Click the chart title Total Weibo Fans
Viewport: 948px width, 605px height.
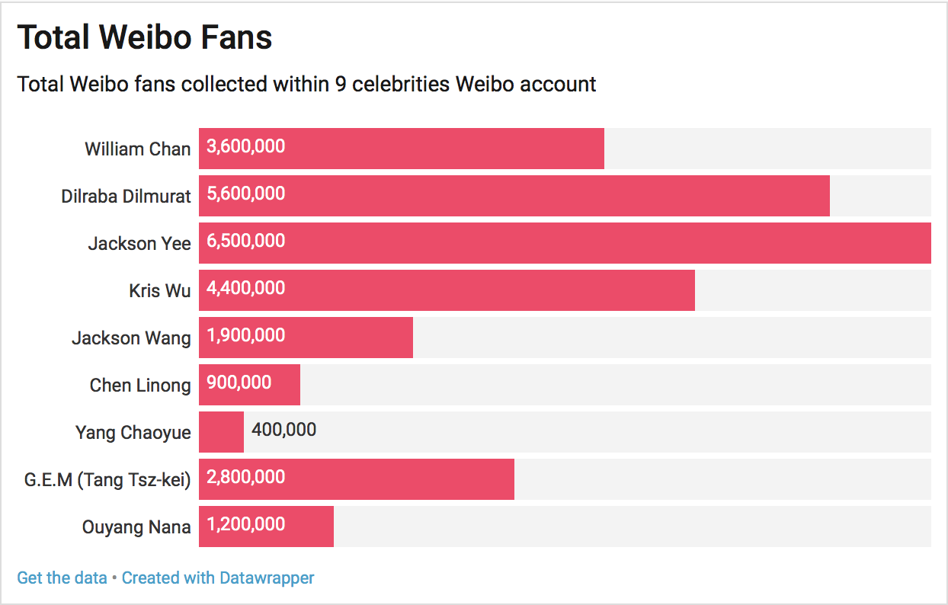tap(145, 37)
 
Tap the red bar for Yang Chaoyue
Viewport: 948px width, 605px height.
tap(221, 432)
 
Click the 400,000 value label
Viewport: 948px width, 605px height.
tap(283, 430)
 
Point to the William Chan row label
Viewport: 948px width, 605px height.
tap(137, 149)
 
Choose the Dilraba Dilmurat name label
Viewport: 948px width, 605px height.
tap(126, 196)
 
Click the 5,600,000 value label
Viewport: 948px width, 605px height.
tap(246, 194)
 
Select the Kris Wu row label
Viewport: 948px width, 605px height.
tap(160, 290)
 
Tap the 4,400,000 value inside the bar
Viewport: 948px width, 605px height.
tap(246, 288)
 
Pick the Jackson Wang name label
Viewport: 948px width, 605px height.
tap(131, 338)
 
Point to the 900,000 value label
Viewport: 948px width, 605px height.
tap(239, 383)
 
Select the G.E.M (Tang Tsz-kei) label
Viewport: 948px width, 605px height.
tap(107, 479)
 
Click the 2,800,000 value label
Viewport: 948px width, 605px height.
tap(246, 477)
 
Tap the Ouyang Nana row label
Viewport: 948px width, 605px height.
tap(136, 527)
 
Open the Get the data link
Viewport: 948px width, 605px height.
tap(62, 578)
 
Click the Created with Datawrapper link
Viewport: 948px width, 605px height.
tap(218, 578)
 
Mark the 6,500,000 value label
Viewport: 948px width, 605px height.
tap(246, 241)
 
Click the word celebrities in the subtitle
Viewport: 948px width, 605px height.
tap(400, 84)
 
